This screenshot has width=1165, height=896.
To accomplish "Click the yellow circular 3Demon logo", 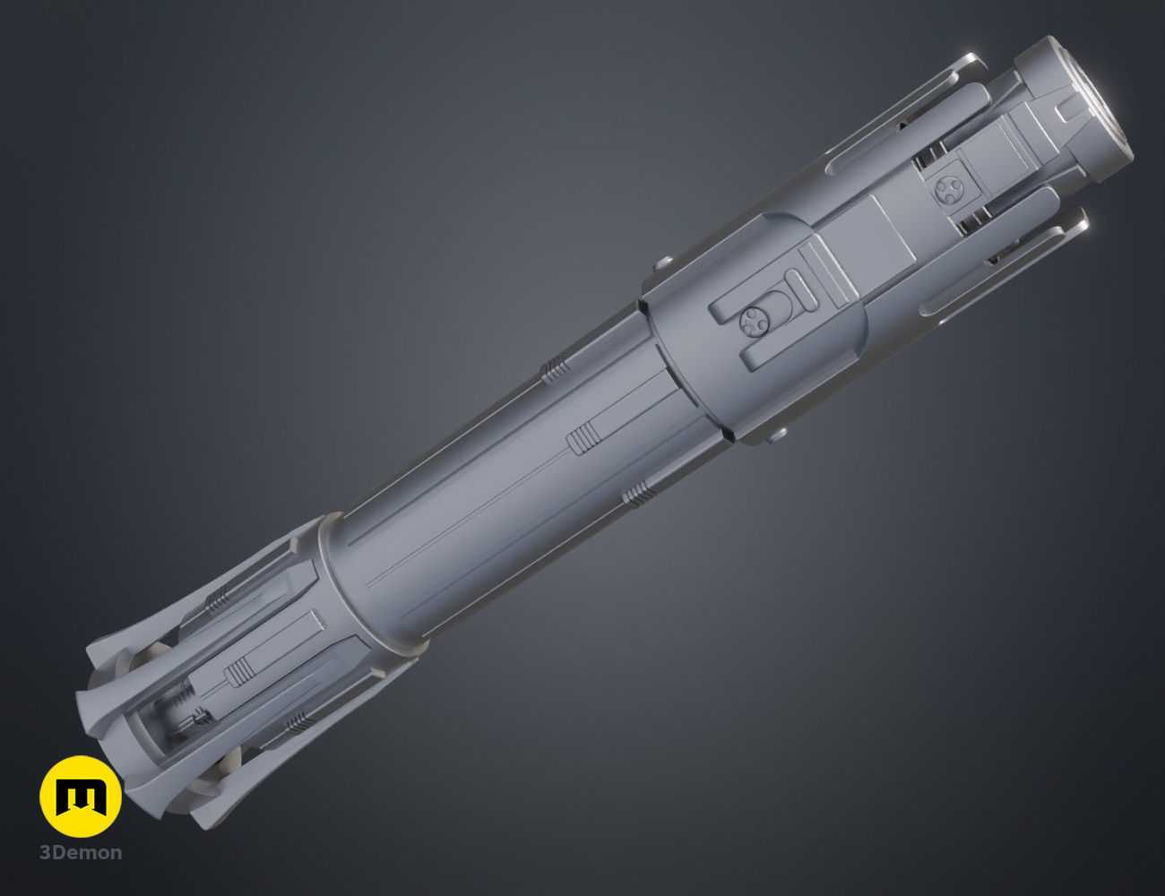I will [81, 796].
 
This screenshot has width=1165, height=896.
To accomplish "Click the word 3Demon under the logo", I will [81, 852].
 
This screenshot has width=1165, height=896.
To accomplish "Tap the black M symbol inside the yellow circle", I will [81, 796].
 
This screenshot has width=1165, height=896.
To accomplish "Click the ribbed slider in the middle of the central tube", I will [582, 439].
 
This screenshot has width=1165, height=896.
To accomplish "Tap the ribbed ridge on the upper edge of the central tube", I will [556, 367].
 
